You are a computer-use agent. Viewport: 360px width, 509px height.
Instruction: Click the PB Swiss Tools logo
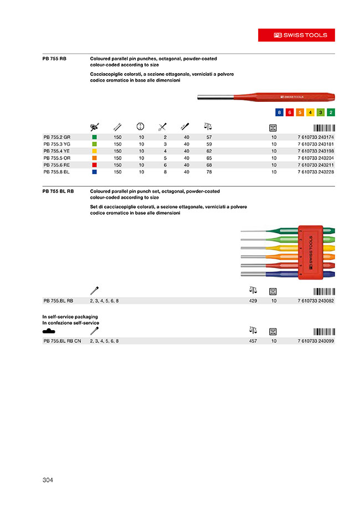tap(301, 35)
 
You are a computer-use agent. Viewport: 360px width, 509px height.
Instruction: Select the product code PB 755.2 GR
tap(57, 137)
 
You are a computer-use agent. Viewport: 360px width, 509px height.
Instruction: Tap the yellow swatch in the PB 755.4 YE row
tap(95, 151)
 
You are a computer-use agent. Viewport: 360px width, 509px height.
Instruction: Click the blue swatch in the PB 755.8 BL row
tap(95, 172)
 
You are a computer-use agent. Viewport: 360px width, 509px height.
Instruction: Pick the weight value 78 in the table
tap(209, 172)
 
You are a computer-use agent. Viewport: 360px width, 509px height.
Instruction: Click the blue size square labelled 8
tap(280, 112)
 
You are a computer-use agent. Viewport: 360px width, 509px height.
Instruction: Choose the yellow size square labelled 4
tap(310, 112)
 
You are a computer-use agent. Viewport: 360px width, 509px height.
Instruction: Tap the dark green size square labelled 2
tap(331, 112)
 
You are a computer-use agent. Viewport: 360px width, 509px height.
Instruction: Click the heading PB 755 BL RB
tap(58, 191)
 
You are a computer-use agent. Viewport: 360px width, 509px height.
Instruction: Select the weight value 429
tap(254, 301)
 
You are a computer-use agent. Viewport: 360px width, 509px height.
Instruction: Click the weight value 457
tap(254, 341)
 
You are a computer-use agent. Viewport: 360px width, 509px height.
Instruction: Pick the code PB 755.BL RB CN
tap(62, 341)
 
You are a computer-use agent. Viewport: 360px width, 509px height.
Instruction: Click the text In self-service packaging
tap(69, 316)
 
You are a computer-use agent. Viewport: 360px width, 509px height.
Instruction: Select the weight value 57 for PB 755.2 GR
tap(209, 137)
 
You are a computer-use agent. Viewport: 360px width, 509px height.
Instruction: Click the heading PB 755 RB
tap(54, 59)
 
